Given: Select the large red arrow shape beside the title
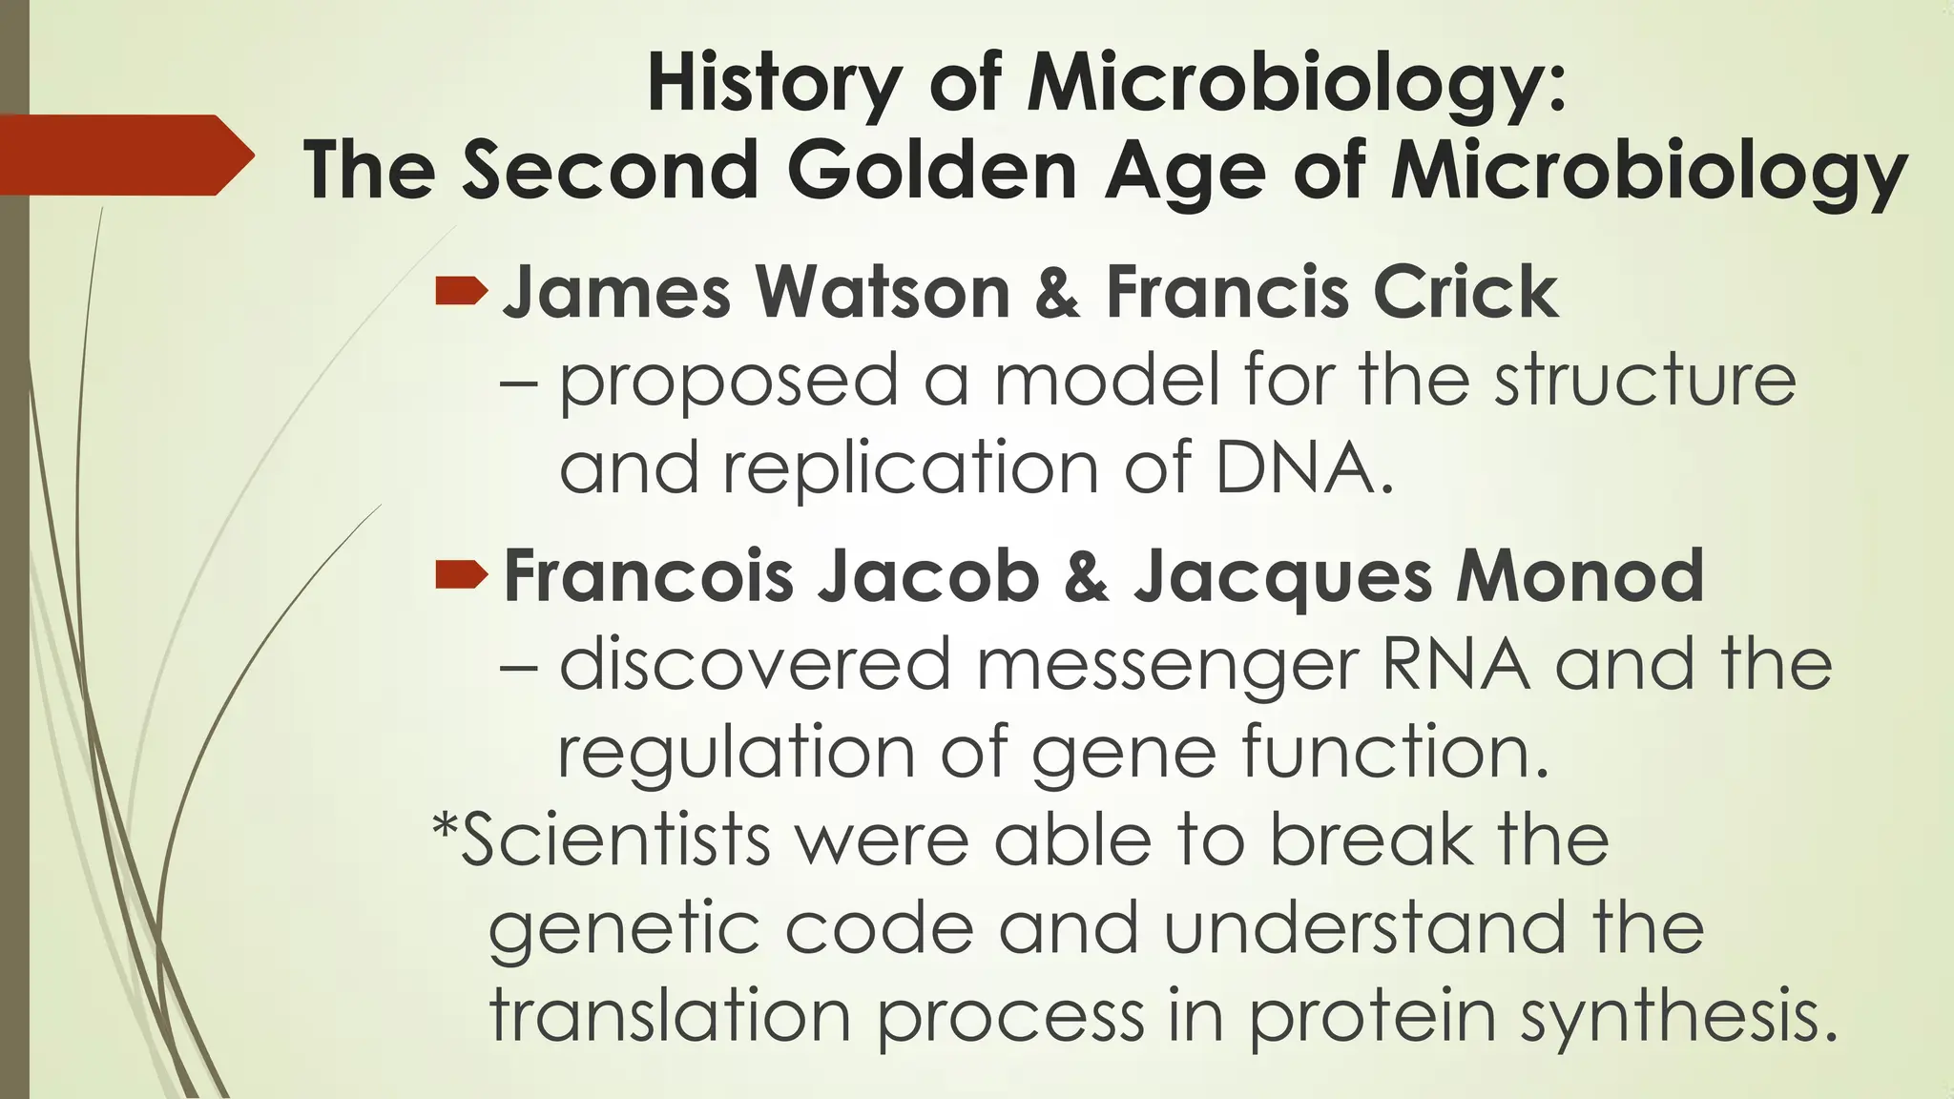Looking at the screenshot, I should [x=124, y=156].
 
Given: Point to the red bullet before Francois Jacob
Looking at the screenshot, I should [x=461, y=575].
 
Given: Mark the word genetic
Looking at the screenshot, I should [x=624, y=929].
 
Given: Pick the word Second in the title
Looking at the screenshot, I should [x=611, y=172].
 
